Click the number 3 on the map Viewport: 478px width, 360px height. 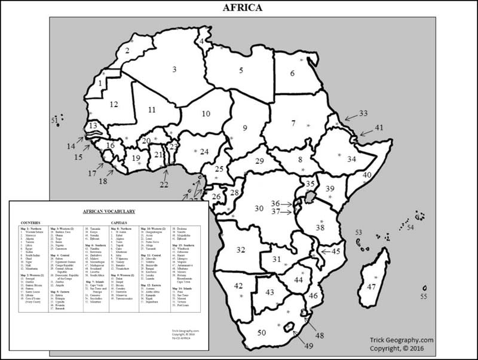click(x=174, y=69)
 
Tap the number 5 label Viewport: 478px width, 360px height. click(x=241, y=71)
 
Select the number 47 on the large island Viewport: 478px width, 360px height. click(x=371, y=286)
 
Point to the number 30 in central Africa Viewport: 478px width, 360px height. click(x=259, y=208)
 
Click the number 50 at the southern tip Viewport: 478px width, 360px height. click(x=261, y=332)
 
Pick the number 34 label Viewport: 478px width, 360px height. click(x=351, y=159)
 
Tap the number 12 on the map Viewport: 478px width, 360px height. click(x=114, y=104)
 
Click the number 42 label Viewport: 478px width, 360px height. click(x=238, y=286)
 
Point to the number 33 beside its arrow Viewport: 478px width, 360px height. click(x=363, y=113)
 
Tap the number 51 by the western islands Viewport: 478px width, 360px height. click(x=54, y=121)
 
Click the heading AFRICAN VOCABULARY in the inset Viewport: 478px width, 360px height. click(x=108, y=211)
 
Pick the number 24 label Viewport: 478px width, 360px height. click(x=204, y=152)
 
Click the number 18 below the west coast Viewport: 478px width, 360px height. click(x=103, y=181)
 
